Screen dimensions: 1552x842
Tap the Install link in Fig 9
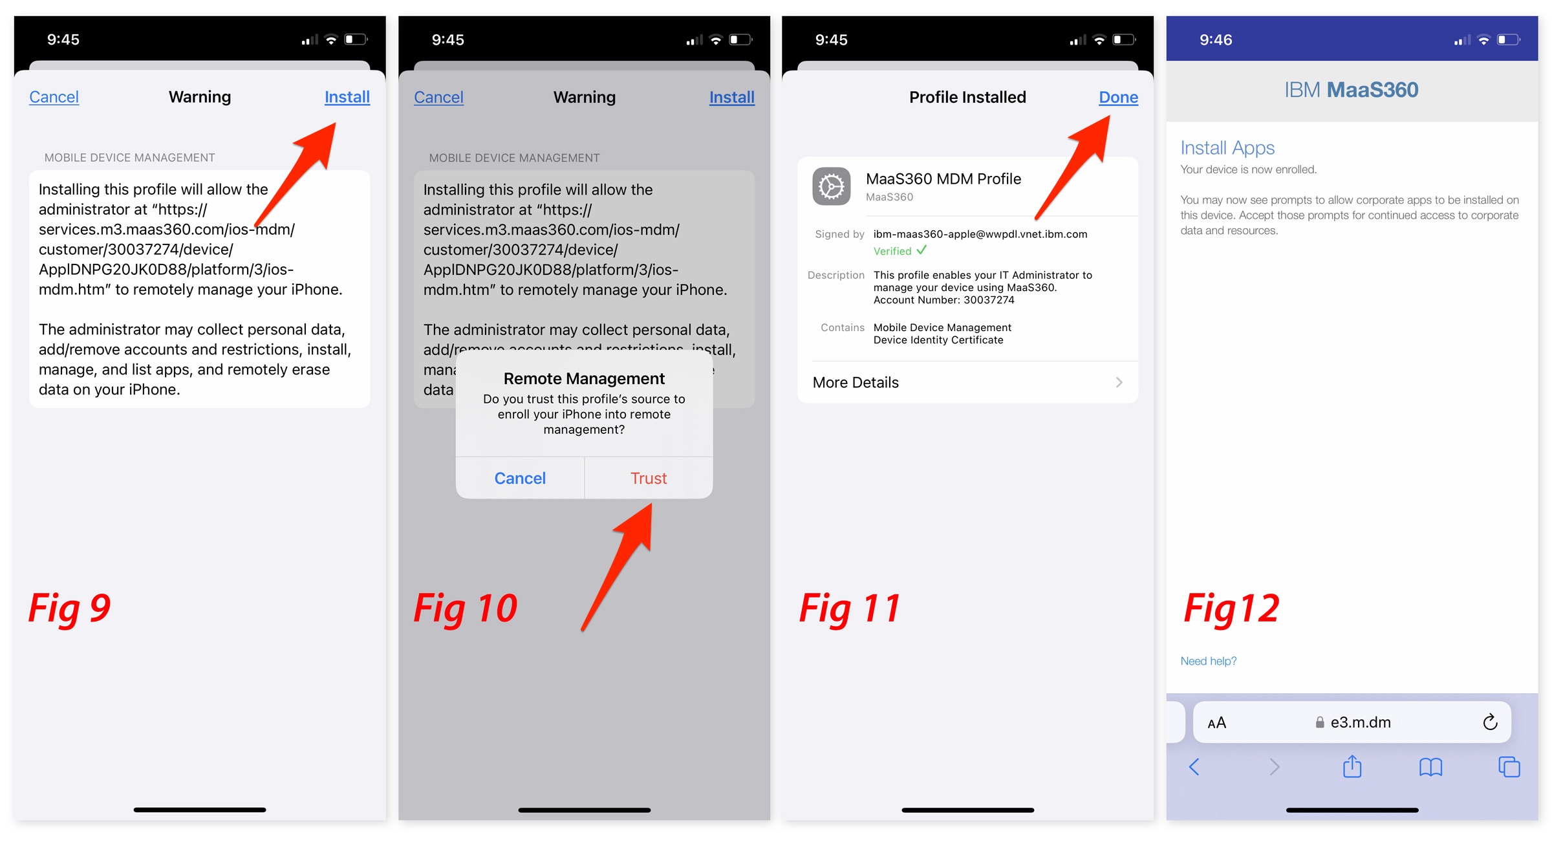347,97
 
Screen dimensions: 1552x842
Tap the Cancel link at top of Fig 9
54,97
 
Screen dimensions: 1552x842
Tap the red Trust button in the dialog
649,478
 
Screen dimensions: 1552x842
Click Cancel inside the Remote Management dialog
520,478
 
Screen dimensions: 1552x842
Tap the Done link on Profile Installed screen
1118,97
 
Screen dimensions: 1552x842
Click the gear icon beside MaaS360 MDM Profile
832,186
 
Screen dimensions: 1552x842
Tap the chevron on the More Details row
1119,382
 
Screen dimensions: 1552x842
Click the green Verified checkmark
921,250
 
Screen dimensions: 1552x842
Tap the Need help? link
1208,661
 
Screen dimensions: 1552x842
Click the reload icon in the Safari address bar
1490,722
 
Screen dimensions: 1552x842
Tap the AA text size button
1216,722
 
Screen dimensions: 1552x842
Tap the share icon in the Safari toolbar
1352,766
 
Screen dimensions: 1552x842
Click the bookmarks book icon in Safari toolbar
1430,767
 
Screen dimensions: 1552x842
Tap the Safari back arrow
1194,767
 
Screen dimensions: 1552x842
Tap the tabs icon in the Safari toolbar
1509,767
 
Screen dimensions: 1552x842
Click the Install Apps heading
1227,148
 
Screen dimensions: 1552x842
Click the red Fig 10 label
465,608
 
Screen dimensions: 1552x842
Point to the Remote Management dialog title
584,378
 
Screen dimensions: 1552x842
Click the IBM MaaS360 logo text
1351,90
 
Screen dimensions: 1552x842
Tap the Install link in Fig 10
732,97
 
